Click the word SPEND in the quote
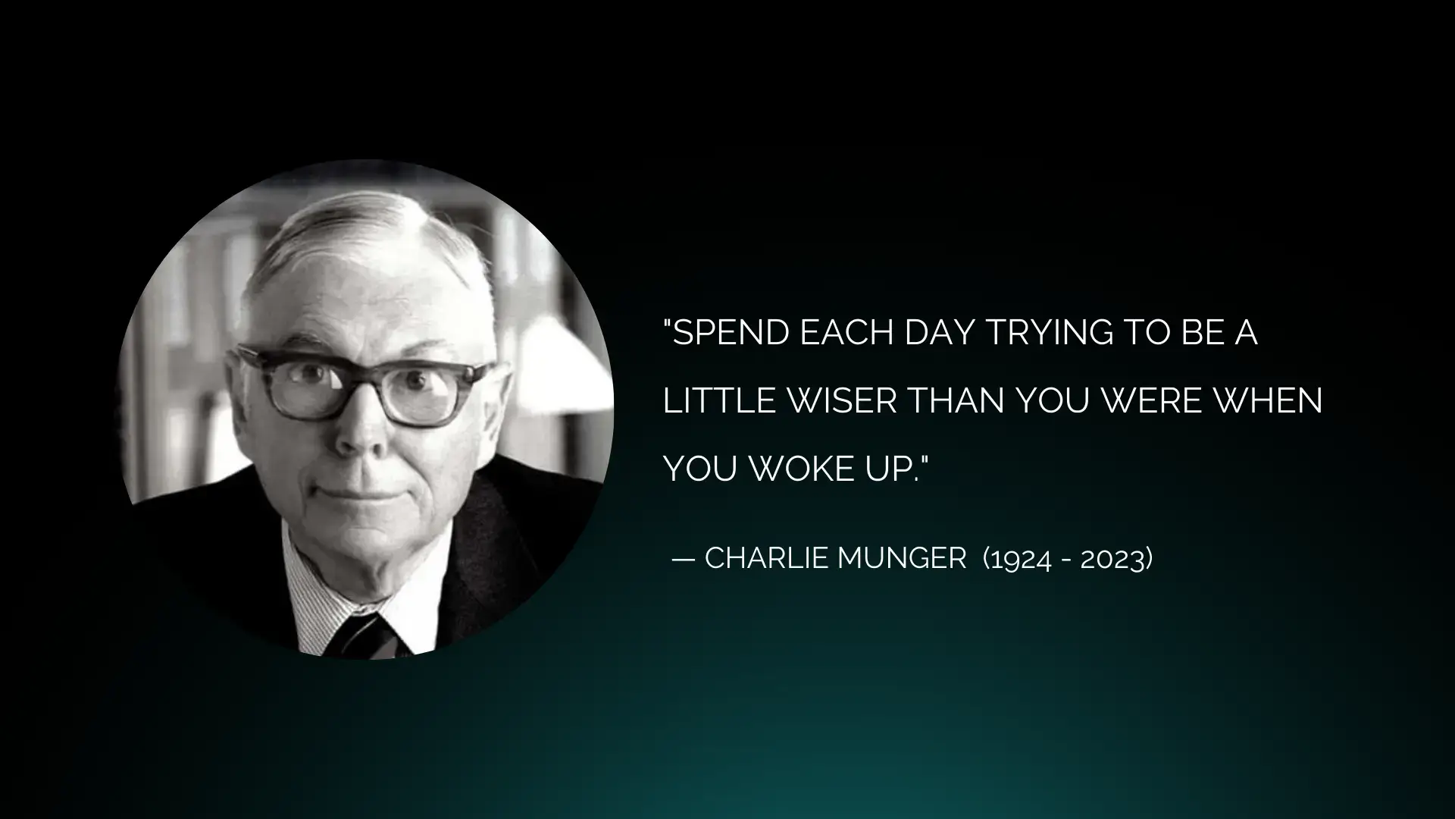click(731, 332)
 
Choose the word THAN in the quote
click(956, 400)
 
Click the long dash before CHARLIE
click(684, 560)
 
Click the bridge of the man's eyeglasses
click(362, 372)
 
